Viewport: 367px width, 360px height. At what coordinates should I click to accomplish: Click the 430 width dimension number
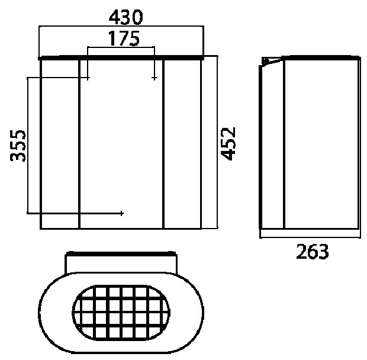click(x=125, y=17)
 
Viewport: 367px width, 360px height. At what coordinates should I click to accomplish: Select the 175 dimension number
click(x=124, y=38)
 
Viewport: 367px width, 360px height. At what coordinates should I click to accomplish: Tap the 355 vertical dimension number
click(x=18, y=145)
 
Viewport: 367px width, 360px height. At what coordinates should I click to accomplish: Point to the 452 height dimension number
click(x=228, y=143)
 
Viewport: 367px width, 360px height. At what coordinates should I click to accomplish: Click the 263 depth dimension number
click(x=313, y=252)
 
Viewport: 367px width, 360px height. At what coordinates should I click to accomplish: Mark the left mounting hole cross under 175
click(x=88, y=78)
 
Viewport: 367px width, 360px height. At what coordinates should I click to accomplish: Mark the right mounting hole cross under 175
click(x=154, y=78)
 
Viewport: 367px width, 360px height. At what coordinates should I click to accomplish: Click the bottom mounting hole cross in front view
click(x=121, y=213)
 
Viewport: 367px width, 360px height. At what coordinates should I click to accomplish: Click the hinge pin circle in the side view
click(x=265, y=62)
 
